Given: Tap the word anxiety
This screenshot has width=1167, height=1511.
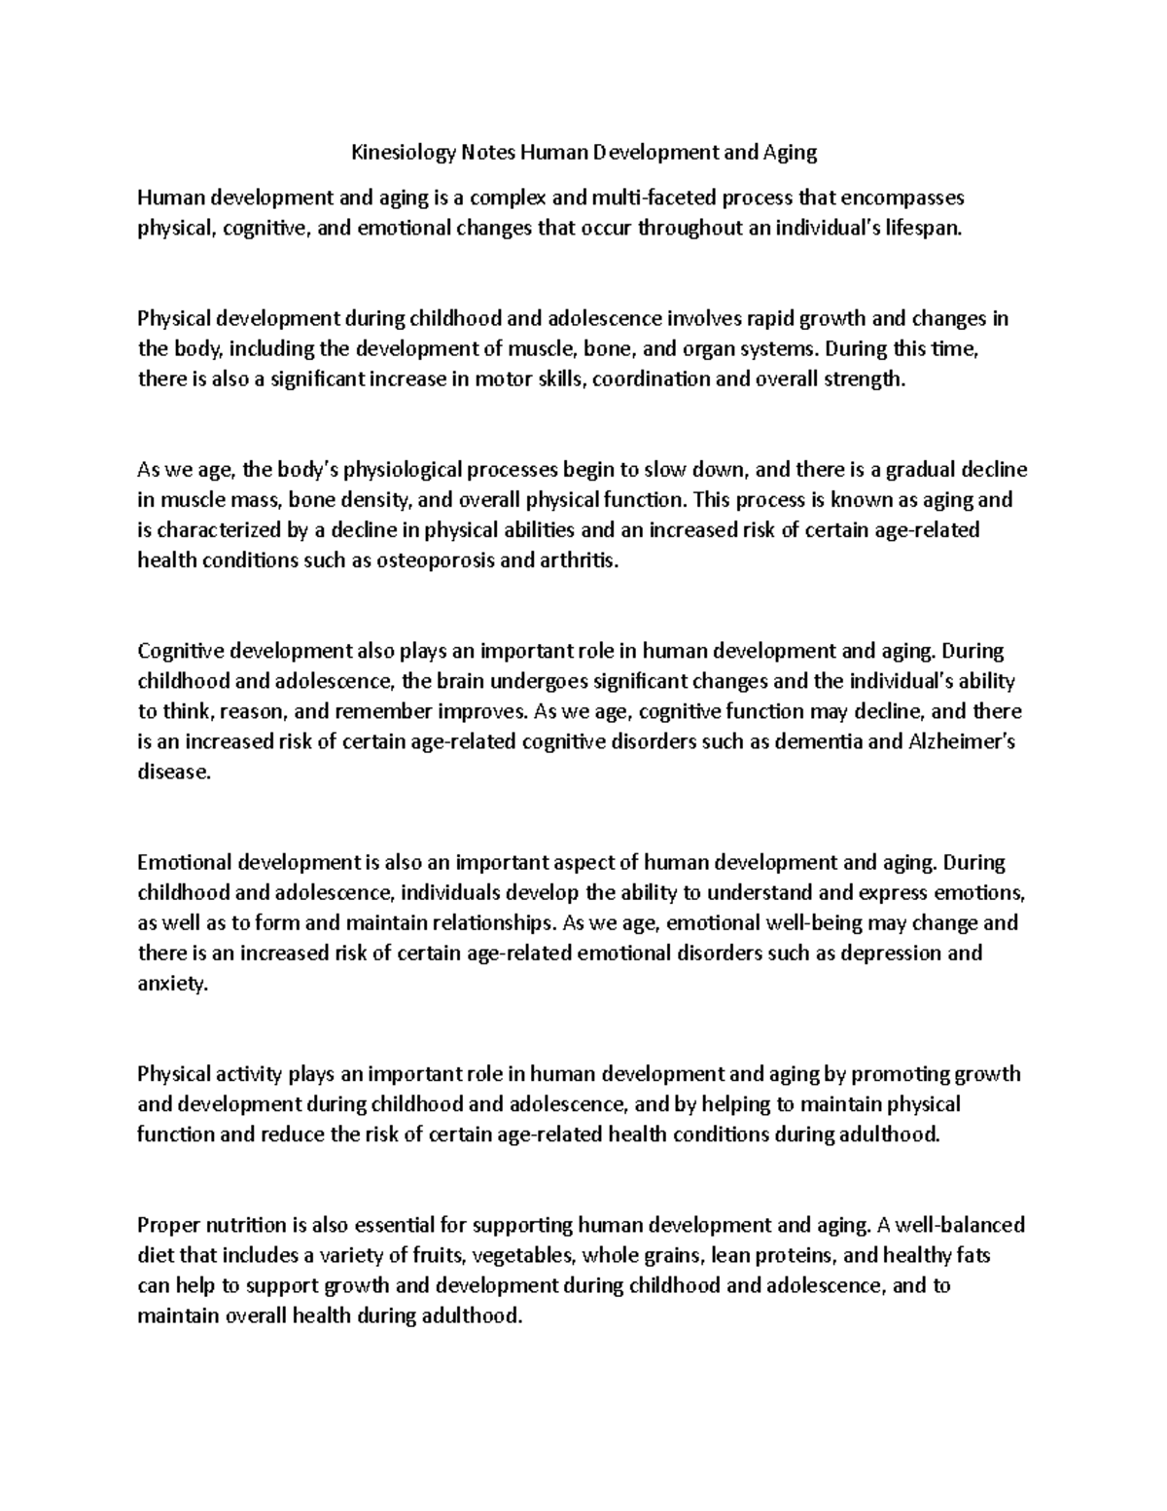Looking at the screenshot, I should (x=172, y=984).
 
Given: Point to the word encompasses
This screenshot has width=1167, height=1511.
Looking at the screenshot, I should (x=902, y=198).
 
